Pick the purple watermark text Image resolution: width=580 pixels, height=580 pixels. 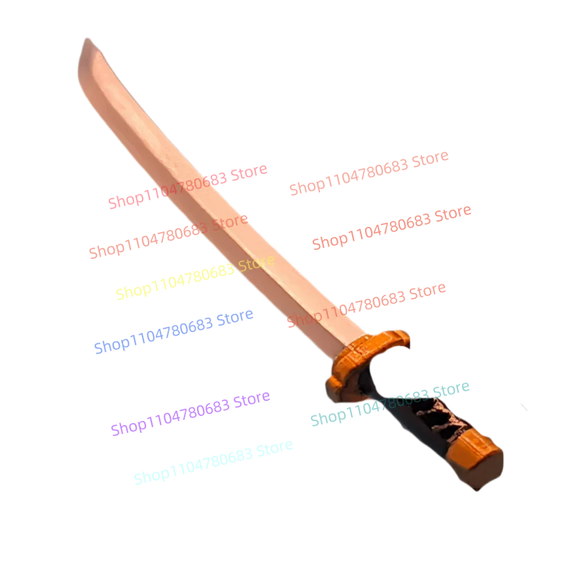pyautogui.click(x=190, y=413)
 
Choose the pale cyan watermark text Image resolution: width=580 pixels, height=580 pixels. pyautogui.click(x=214, y=460)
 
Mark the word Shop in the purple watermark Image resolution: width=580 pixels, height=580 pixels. pyautogui.click(x=125, y=426)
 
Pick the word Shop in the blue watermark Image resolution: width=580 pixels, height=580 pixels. pyautogui.click(x=109, y=344)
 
